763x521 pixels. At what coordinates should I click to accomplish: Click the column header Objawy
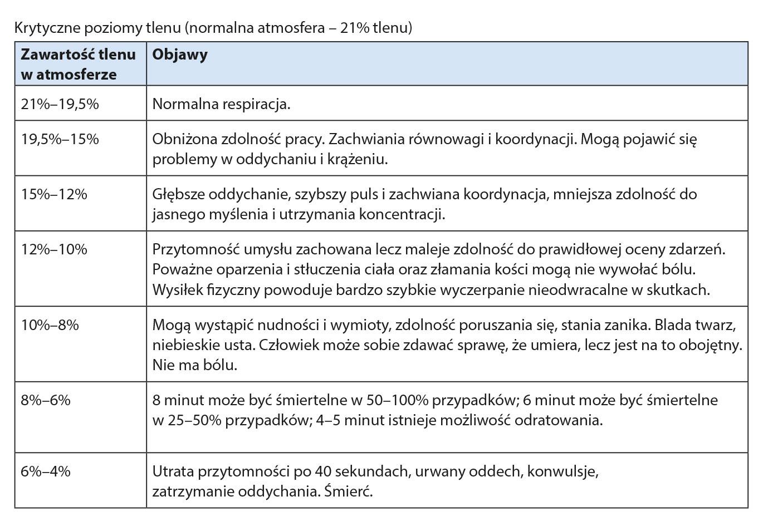(x=180, y=55)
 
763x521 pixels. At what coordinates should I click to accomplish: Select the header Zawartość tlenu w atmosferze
(x=78, y=65)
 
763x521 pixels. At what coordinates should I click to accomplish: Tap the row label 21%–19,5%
(x=60, y=104)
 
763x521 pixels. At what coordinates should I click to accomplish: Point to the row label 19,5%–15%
(x=60, y=139)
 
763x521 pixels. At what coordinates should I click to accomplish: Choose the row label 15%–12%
(x=54, y=194)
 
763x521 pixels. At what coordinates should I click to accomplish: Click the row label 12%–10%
(x=54, y=249)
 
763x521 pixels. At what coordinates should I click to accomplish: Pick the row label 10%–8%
(x=50, y=325)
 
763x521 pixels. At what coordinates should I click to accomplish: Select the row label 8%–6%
(x=46, y=400)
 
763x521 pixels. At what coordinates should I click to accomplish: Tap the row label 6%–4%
(x=46, y=471)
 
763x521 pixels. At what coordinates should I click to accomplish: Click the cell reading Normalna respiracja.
(x=221, y=104)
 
